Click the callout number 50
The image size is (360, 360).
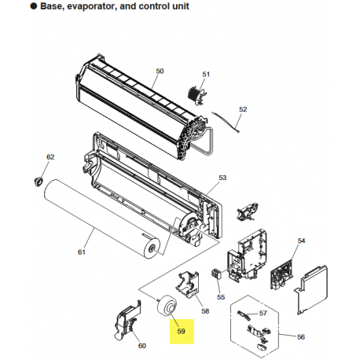pyautogui.click(x=160, y=72)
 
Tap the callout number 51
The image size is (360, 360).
pyautogui.click(x=206, y=75)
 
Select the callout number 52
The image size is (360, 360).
pyautogui.click(x=243, y=109)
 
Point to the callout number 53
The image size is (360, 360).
pyautogui.click(x=222, y=178)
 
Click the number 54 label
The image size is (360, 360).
pyautogui.click(x=301, y=241)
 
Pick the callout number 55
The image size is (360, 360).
pyautogui.click(x=221, y=297)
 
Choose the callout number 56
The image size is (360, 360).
pyautogui.click(x=301, y=337)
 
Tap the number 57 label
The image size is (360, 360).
pyautogui.click(x=263, y=313)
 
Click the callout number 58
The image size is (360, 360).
pyautogui.click(x=205, y=311)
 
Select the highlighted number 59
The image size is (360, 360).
pyautogui.click(x=181, y=332)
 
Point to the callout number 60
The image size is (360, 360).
pyautogui.click(x=142, y=346)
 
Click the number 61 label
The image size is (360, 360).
pyautogui.click(x=82, y=252)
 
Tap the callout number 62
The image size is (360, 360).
pyautogui.click(x=50, y=157)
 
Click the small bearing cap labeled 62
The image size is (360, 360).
pyautogui.click(x=39, y=182)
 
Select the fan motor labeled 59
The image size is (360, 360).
pyautogui.click(x=167, y=306)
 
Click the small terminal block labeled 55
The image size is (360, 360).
pyautogui.click(x=215, y=274)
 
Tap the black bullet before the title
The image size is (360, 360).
pyautogui.click(x=34, y=6)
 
